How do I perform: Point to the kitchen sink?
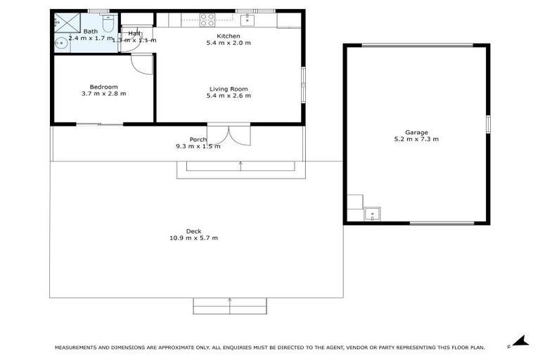246,20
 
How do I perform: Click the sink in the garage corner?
371,213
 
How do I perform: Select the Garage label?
416,132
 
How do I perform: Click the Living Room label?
229,89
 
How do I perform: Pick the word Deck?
193,231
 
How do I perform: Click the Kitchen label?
229,36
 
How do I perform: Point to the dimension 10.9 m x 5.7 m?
193,238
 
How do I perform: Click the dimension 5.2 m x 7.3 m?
416,139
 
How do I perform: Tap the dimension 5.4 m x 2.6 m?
229,96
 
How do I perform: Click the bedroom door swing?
143,64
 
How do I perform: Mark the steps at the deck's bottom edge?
230,306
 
